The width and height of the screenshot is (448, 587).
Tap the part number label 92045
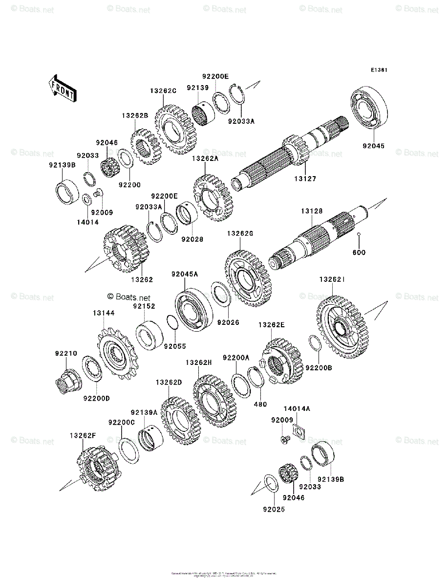coord(373,146)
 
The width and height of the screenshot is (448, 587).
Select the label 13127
coord(305,179)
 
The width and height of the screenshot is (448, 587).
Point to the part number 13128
coord(312,211)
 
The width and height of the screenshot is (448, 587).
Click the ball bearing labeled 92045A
coord(194,311)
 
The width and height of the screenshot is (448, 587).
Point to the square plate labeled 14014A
coord(299,430)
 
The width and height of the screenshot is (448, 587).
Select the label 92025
coord(273,509)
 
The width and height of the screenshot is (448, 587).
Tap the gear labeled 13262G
coord(248,278)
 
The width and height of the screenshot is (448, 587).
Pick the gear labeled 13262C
coord(174,129)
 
